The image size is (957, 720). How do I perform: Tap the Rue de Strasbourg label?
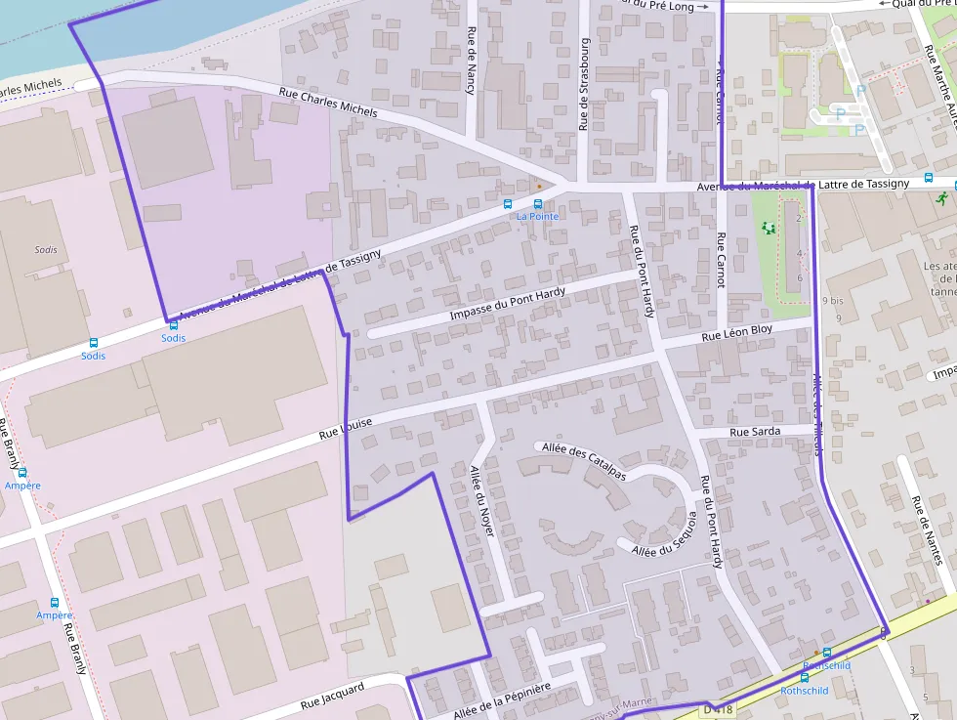click(x=584, y=84)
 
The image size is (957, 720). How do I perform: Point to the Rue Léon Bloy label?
click(x=737, y=333)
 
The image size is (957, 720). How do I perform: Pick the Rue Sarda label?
click(x=755, y=432)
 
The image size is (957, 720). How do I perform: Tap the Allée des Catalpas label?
click(x=584, y=461)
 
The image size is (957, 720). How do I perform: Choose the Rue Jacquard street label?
click(x=332, y=696)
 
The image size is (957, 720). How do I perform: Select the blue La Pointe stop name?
click(x=537, y=216)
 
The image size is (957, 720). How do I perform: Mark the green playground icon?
click(x=768, y=228)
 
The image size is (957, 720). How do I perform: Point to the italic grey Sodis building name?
click(x=46, y=249)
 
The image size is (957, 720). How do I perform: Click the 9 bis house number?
click(x=832, y=301)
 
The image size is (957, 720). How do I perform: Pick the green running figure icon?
click(x=941, y=197)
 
